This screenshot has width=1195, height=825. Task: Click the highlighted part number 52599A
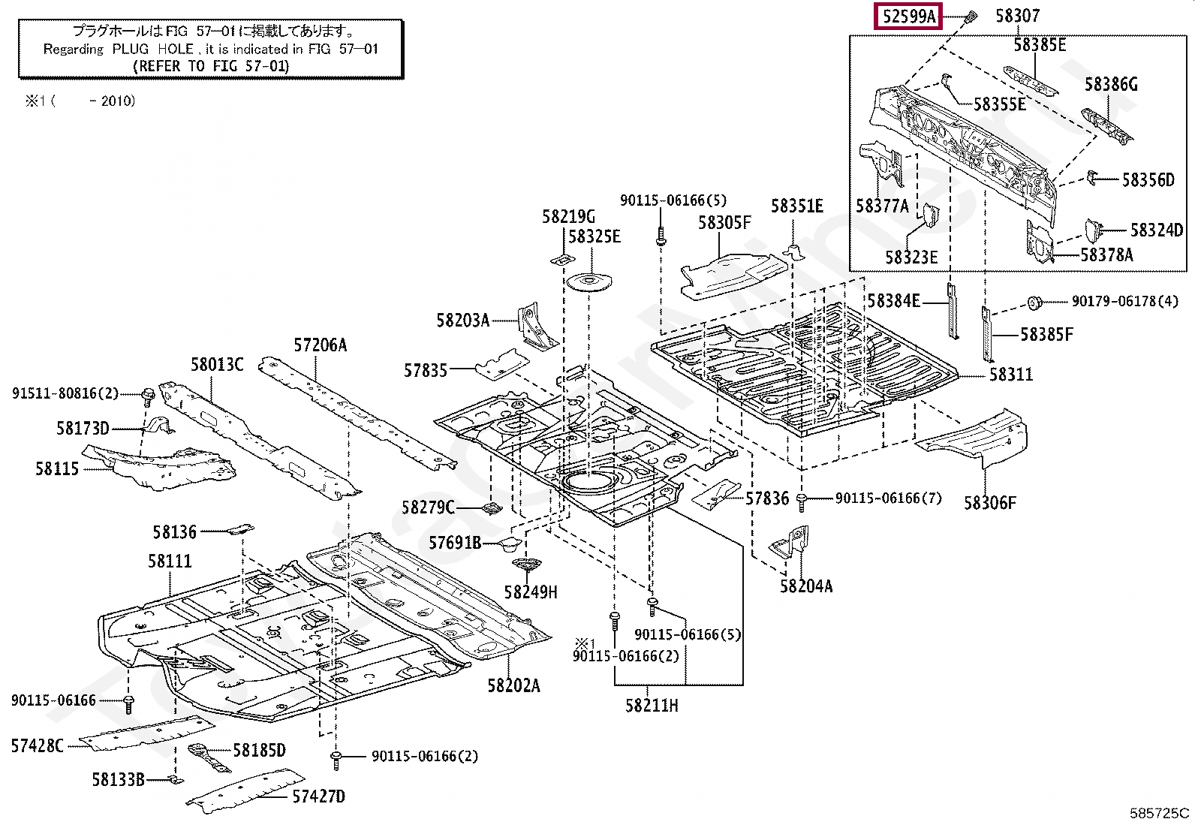tap(909, 17)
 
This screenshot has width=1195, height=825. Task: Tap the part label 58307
tap(1018, 16)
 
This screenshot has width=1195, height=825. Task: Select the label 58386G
tap(1111, 84)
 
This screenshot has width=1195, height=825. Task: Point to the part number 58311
tap(1011, 375)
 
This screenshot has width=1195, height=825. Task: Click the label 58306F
tap(989, 503)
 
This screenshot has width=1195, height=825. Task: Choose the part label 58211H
tap(652, 706)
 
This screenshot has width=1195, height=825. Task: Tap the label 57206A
tap(320, 345)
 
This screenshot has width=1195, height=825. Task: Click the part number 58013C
tap(217, 365)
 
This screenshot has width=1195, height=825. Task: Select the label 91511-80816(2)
tap(65, 394)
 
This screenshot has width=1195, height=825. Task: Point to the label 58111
tap(170, 562)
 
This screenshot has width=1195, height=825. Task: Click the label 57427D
tap(318, 796)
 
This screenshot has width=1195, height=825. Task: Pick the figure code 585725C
tap(1159, 813)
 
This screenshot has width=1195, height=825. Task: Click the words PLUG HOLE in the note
tap(152, 49)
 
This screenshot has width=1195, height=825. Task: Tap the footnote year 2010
tap(118, 101)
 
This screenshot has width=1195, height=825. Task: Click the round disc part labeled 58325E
tap(589, 282)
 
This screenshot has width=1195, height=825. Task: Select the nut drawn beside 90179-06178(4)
tap(1034, 303)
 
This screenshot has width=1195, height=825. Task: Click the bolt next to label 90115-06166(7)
tap(801, 501)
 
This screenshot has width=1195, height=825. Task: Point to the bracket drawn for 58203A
tap(537, 327)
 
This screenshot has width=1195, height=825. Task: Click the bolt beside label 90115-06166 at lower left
tap(128, 704)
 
